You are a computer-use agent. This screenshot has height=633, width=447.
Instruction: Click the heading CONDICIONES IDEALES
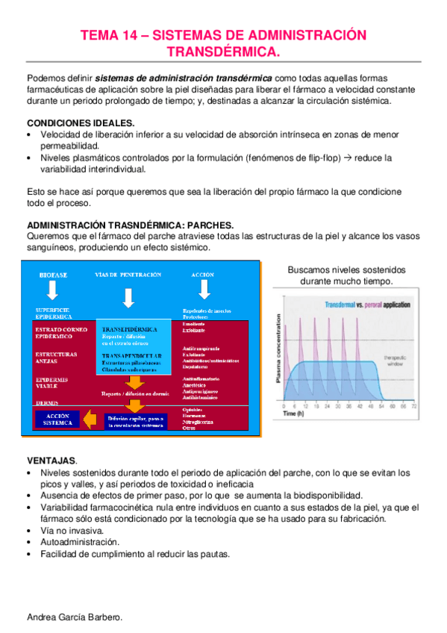81,122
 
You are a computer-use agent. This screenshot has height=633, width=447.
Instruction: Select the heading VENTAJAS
52,461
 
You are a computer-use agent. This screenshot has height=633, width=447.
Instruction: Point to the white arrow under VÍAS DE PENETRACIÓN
128,297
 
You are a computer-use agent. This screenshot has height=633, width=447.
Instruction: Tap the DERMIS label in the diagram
47,402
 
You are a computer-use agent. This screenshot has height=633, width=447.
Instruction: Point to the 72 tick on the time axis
414,405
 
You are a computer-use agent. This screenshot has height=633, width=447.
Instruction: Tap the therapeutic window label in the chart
396,361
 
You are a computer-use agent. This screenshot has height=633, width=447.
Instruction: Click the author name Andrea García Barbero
74,618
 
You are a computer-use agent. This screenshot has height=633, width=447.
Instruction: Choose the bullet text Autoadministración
80,542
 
